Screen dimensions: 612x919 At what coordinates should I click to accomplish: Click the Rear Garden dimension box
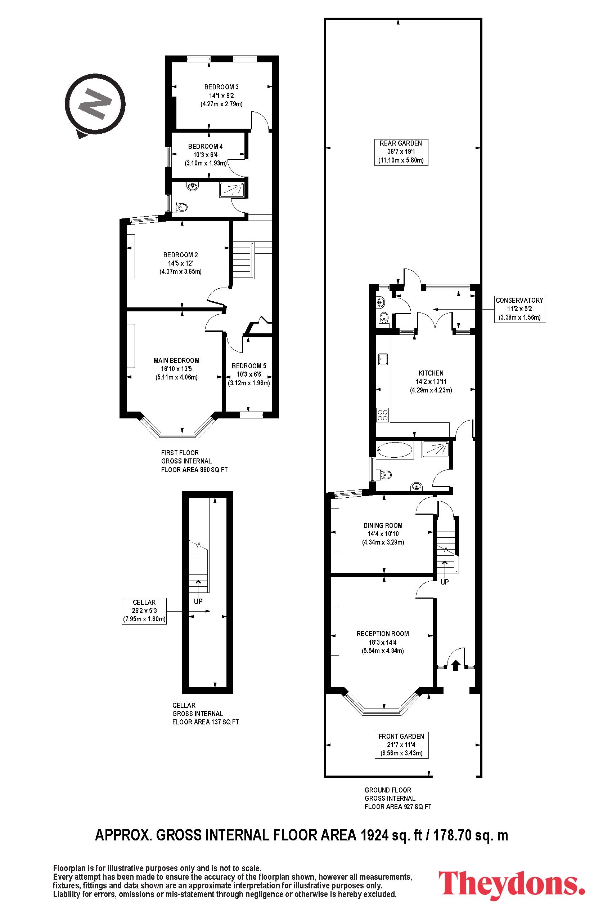click(x=401, y=152)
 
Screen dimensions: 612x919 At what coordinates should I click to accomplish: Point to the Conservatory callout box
click(x=519, y=309)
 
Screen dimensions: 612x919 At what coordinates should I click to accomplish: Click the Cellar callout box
click(x=144, y=611)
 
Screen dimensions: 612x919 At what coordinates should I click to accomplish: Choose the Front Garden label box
click(x=401, y=745)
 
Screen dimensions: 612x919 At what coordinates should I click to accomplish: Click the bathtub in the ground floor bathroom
click(x=395, y=450)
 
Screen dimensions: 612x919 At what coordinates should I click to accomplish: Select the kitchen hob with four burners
click(x=382, y=414)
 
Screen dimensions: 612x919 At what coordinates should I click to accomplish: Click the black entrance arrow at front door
click(x=455, y=665)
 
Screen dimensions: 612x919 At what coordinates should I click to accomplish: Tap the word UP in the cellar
click(x=198, y=601)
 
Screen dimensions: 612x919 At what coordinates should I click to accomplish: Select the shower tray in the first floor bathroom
click(x=232, y=190)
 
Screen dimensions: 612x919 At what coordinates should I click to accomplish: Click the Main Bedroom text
click(x=176, y=360)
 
